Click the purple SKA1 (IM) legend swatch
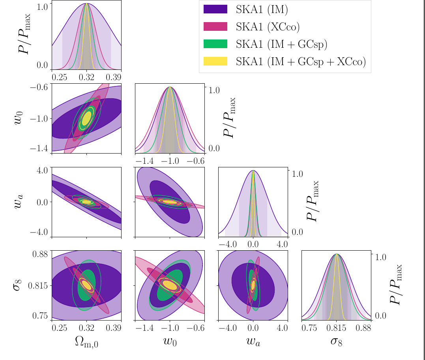click(215, 9)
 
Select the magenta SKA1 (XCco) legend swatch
click(215, 26)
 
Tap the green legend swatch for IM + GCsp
click(215, 44)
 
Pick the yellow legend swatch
click(215, 61)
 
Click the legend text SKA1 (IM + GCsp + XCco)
click(301, 61)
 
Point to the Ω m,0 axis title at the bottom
click(86, 342)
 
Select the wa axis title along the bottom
click(253, 341)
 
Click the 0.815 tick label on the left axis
click(37, 285)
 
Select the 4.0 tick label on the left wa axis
click(43, 171)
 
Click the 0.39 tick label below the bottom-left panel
click(114, 327)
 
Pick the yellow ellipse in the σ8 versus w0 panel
click(170, 285)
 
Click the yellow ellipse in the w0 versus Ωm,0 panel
click(86, 118)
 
